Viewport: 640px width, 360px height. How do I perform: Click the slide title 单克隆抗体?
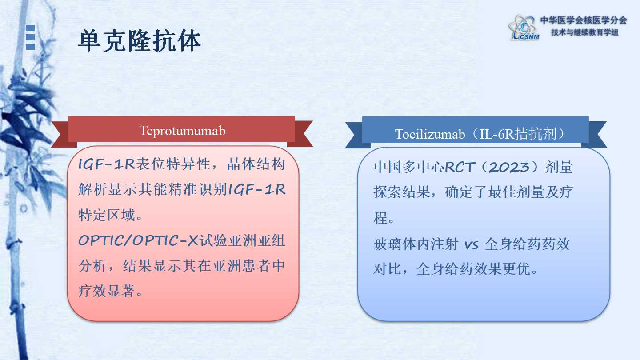point(140,41)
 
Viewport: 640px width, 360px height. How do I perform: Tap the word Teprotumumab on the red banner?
point(183,131)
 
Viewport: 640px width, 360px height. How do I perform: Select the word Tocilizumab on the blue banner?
point(430,134)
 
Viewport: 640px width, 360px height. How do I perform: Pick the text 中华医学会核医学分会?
point(584,20)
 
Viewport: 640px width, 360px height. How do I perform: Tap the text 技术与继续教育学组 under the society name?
point(585,32)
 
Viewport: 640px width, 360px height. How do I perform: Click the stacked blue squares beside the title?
point(30,37)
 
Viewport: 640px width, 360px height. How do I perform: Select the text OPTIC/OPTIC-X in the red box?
point(138,240)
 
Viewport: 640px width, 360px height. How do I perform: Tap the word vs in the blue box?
point(472,245)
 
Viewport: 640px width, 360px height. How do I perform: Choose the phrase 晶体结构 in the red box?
point(256,164)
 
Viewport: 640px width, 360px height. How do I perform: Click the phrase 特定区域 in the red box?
point(107,215)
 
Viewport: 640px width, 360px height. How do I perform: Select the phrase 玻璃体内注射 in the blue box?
point(416,244)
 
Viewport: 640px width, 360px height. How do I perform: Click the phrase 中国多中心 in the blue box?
point(409,167)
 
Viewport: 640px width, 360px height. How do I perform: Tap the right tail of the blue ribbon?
point(595,135)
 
